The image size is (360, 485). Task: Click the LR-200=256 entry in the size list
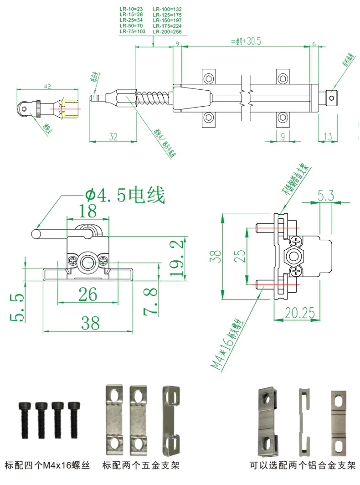point(167,32)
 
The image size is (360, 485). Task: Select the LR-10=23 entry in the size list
point(131,9)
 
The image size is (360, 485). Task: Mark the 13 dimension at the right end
point(327,137)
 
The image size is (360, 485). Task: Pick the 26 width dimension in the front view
point(87,294)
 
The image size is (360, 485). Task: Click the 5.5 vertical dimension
point(17,307)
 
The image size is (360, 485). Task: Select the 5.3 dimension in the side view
point(326,196)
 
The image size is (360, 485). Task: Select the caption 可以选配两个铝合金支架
point(303,466)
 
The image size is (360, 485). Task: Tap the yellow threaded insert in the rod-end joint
point(71,108)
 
